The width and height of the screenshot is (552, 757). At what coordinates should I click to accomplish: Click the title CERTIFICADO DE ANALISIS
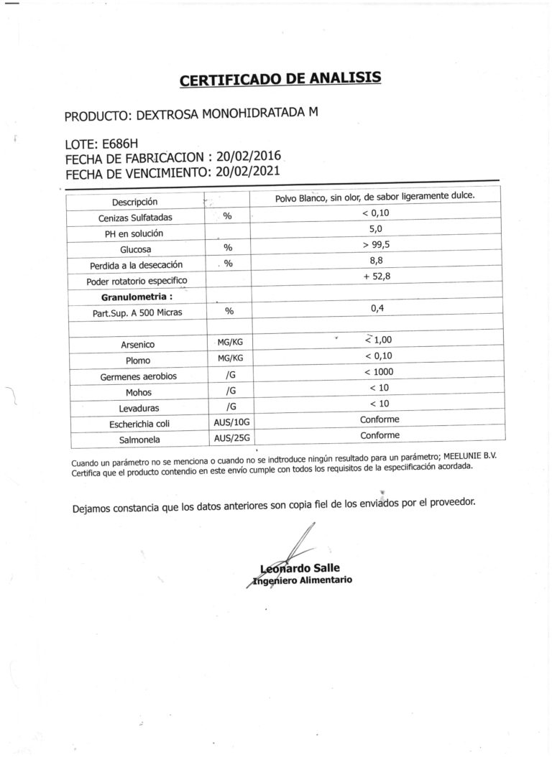pyautogui.click(x=280, y=78)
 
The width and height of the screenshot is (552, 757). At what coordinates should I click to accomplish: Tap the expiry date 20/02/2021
pyautogui.click(x=247, y=172)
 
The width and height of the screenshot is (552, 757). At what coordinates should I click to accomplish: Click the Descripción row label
pyautogui.click(x=134, y=202)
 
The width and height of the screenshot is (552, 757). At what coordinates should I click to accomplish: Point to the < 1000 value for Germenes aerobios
pyautogui.click(x=379, y=371)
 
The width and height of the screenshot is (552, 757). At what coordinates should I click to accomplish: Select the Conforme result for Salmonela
pyautogui.click(x=379, y=435)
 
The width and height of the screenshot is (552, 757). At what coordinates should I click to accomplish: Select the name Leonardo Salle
pyautogui.click(x=300, y=569)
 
